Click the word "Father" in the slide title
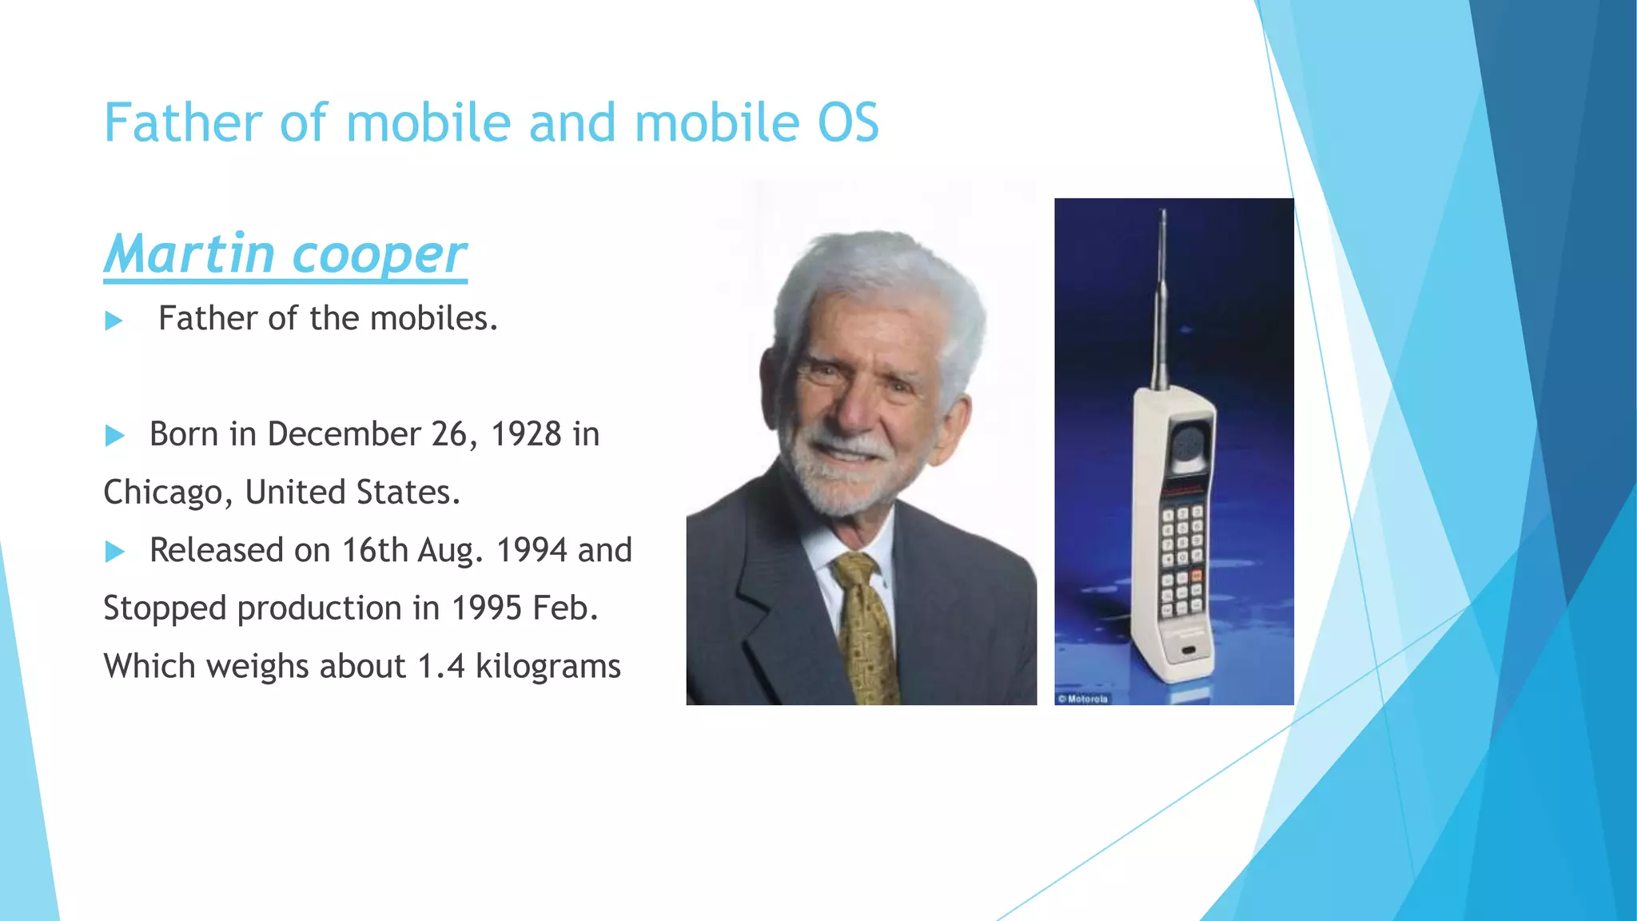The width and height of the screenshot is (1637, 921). click(x=183, y=124)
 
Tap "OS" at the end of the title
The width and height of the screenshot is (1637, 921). click(x=847, y=124)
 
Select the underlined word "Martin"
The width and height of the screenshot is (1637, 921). click(x=189, y=254)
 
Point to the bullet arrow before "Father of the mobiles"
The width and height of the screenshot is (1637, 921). click(x=114, y=321)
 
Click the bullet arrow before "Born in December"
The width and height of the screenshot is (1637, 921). click(x=115, y=436)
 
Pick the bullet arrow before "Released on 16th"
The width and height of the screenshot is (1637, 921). click(x=115, y=552)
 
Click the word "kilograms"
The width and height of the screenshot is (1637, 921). click(x=548, y=667)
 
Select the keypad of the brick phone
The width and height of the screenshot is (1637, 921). click(x=1181, y=560)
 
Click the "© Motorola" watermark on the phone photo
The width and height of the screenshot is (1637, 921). click(x=1083, y=699)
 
